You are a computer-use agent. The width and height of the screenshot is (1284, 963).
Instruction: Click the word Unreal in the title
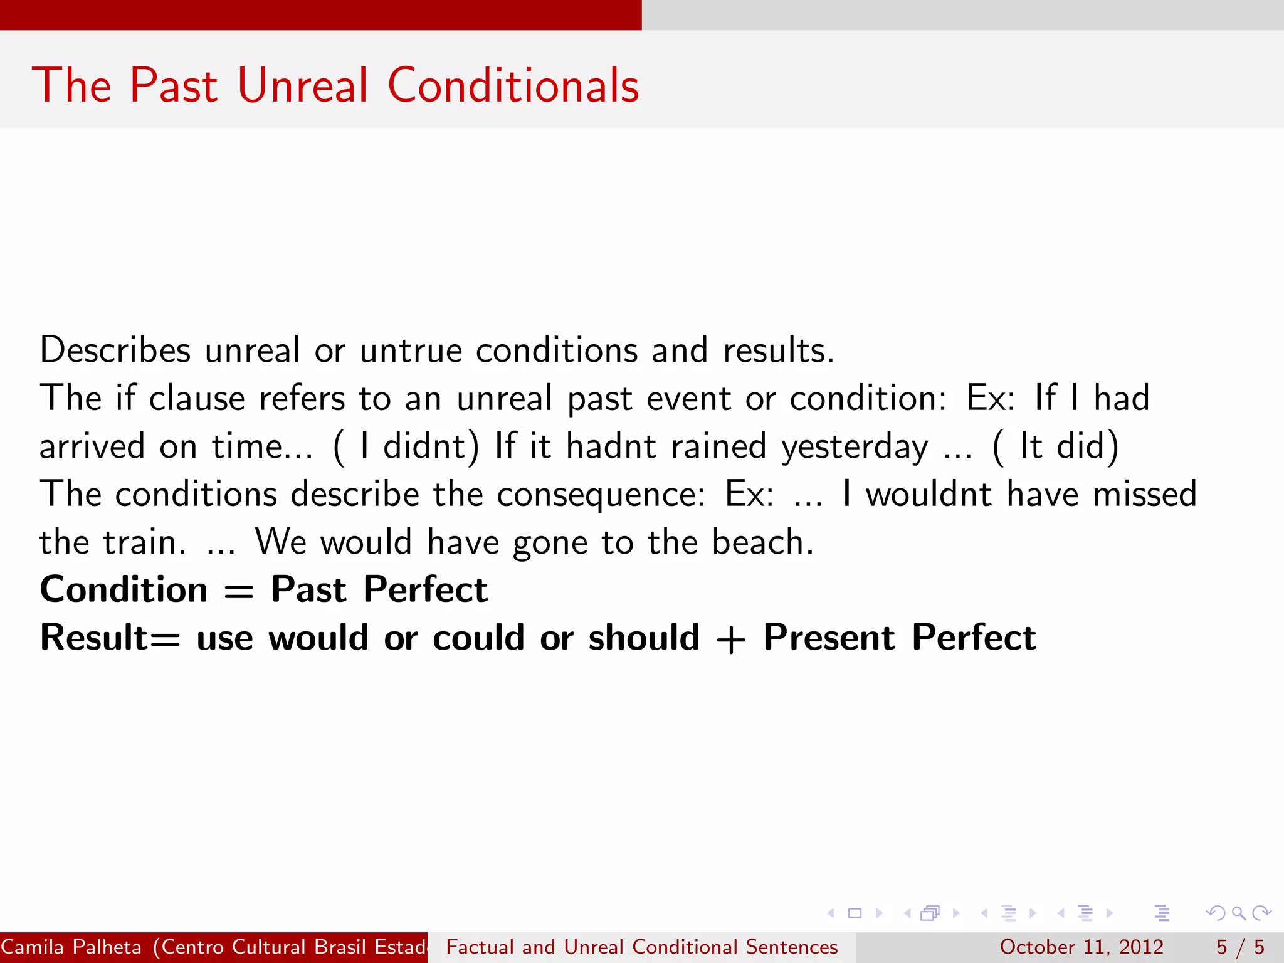pyautogui.click(x=303, y=85)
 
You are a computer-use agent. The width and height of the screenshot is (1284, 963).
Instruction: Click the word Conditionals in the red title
pyautogui.click(x=513, y=85)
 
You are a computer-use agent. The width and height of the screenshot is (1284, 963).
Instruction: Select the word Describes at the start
pyautogui.click(x=115, y=350)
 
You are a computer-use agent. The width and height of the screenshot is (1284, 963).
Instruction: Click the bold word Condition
pyautogui.click(x=124, y=590)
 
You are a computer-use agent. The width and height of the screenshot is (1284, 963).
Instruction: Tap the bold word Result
pyautogui.click(x=94, y=638)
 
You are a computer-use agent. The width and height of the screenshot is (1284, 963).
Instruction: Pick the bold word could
pyautogui.click(x=478, y=638)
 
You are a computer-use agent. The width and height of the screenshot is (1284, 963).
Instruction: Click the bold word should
pyautogui.click(x=643, y=638)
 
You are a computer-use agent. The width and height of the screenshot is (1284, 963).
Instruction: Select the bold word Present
pyautogui.click(x=829, y=638)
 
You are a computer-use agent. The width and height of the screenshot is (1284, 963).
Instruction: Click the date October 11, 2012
pyautogui.click(x=1081, y=947)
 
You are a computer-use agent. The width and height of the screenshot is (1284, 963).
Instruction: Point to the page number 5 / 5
pyautogui.click(x=1239, y=947)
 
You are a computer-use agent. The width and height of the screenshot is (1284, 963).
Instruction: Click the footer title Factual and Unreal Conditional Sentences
pyautogui.click(x=641, y=947)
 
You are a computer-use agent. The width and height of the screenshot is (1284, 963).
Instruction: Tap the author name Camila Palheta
pyautogui.click(x=71, y=947)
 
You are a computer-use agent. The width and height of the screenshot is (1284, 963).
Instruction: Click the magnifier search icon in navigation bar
pyautogui.click(x=1238, y=913)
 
